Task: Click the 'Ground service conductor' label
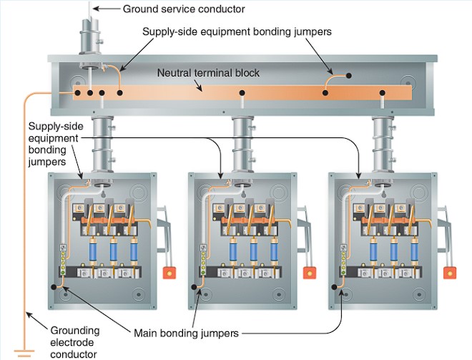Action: point(184,9)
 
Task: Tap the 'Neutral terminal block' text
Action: point(208,73)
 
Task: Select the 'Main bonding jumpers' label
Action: point(186,334)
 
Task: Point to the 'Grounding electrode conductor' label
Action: point(74,342)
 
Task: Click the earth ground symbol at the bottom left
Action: point(24,353)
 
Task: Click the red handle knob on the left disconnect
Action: point(169,273)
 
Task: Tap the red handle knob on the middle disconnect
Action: point(310,273)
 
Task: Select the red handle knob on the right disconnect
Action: point(450,273)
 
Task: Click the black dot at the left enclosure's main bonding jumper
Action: point(54,287)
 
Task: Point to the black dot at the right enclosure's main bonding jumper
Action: point(334,287)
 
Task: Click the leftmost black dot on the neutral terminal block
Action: point(77,93)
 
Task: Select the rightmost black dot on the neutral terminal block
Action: point(383,93)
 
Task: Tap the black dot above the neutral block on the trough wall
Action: point(348,75)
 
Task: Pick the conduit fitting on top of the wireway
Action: point(90,37)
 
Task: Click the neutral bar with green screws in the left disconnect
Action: point(63,259)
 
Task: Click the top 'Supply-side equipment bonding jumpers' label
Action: point(237,31)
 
